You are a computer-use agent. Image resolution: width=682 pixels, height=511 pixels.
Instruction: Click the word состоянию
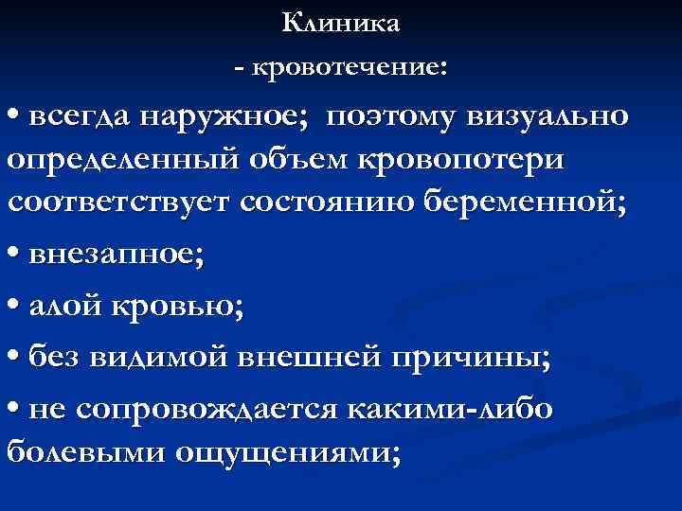pos(332,203)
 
